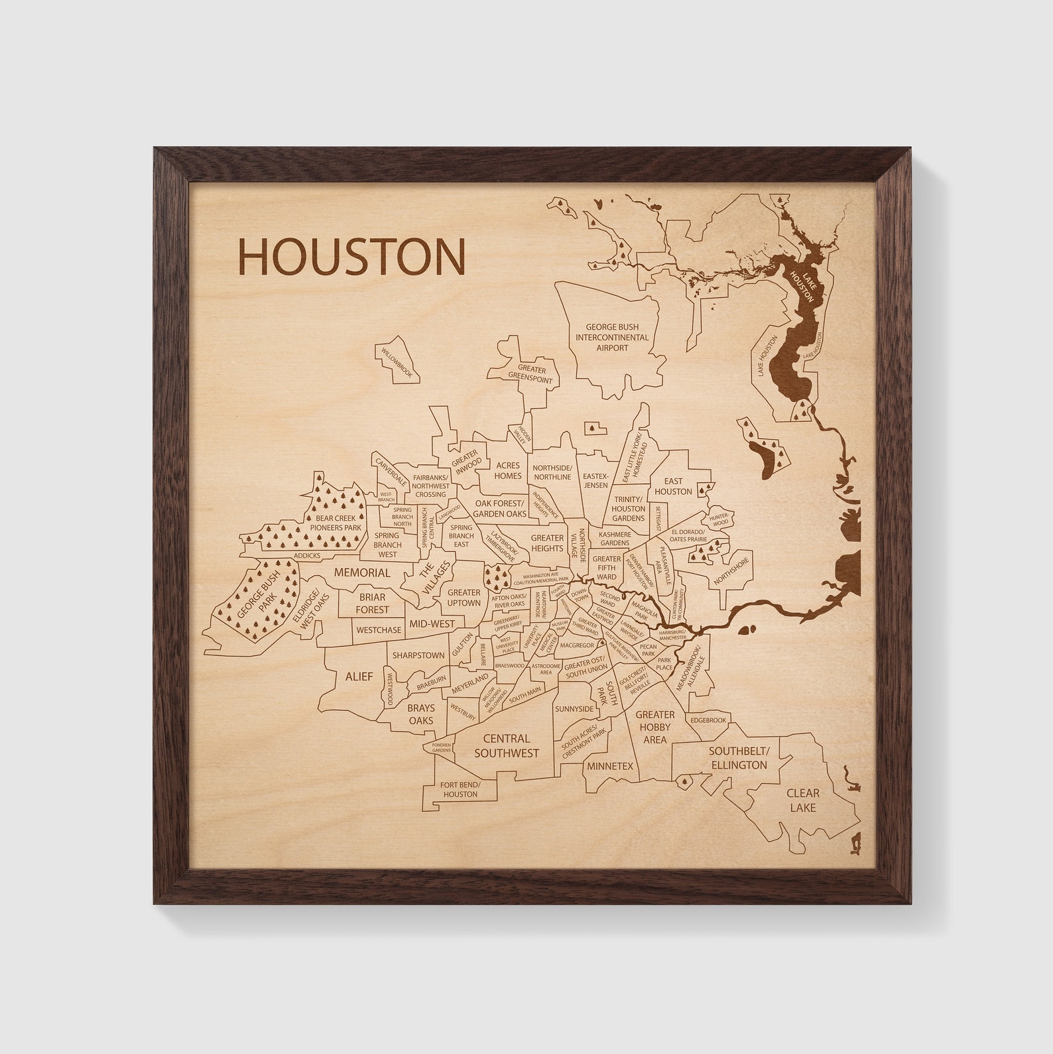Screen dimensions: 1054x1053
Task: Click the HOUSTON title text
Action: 351,257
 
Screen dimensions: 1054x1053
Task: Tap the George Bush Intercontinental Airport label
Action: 611,337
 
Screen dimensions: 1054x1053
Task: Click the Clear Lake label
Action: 802,799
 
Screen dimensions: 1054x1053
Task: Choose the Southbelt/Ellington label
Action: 739,758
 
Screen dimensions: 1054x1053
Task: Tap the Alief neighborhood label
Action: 359,677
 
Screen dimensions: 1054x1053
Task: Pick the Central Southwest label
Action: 507,746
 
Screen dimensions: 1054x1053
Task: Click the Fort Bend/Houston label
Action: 460,789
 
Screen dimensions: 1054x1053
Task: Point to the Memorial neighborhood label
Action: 362,572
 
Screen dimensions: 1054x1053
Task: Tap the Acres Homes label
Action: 507,470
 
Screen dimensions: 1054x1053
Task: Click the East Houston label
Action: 673,486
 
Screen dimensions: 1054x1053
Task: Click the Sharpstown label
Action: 418,655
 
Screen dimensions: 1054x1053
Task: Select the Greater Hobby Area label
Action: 654,726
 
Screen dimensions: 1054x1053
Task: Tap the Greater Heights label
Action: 547,543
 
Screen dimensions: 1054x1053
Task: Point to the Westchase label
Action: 379,629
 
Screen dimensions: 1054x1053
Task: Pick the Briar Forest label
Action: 371,603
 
